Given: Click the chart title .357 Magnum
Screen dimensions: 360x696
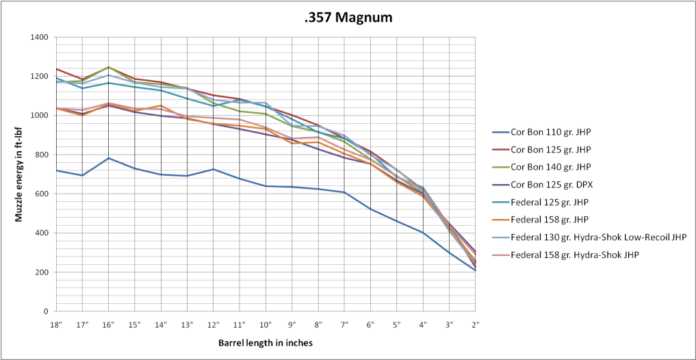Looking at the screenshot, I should (348, 17).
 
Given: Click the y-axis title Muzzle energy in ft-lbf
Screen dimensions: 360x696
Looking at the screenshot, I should (21, 175).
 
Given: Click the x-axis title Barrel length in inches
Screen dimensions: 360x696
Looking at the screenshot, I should (266, 341).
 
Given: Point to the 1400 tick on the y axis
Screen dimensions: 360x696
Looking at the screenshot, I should (39, 37).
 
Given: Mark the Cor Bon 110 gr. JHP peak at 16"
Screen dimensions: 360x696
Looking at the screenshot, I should (108, 158).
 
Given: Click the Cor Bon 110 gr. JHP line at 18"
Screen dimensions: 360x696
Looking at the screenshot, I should (56, 170).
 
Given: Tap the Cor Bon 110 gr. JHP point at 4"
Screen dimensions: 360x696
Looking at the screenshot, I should (423, 233).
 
